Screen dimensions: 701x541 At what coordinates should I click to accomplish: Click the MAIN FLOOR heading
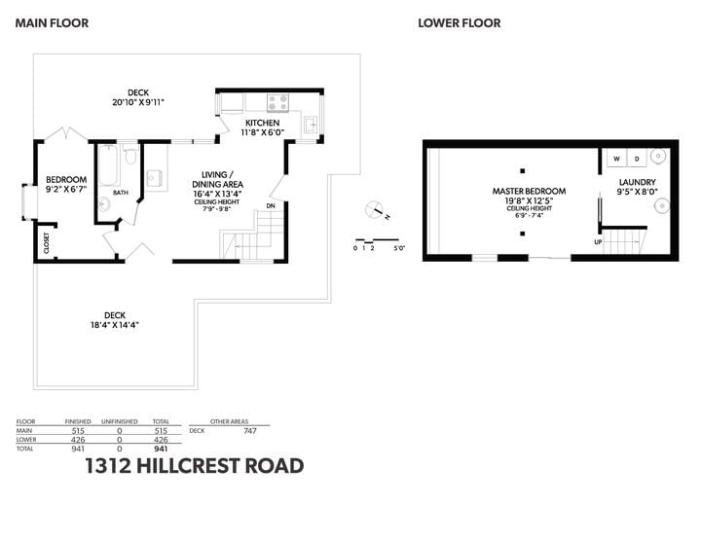pos(52,23)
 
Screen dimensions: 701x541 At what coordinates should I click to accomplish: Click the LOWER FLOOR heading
pos(460,23)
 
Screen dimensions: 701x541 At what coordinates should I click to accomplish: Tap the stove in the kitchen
pos(277,103)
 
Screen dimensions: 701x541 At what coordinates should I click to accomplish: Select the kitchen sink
pos(312,124)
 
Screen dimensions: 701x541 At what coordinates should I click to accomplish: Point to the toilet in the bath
pos(130,155)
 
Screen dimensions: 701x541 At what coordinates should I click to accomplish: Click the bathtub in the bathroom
pos(108,165)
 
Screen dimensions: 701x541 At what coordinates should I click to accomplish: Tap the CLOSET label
pos(47,243)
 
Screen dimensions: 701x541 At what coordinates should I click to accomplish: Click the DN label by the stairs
pos(271,206)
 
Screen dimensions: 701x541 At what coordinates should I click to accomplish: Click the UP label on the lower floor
pos(598,242)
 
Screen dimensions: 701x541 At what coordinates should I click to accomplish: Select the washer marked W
pos(617,159)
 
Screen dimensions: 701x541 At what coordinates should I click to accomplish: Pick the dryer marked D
pos(637,159)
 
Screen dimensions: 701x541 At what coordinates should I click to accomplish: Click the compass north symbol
pos(376,210)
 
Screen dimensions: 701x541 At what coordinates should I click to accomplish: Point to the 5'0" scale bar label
pos(399,248)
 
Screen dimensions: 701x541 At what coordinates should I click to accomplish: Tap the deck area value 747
pos(250,431)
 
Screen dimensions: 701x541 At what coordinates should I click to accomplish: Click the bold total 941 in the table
pos(161,449)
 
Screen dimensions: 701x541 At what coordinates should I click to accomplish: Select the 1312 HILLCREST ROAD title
pos(195,466)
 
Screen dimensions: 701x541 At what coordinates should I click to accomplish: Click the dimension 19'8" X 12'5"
pos(529,200)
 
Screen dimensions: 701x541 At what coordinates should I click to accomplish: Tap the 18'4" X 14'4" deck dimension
pos(115,325)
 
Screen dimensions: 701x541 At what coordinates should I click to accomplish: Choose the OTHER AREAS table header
pos(229,421)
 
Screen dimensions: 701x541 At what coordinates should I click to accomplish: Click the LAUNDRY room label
pos(637,182)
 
